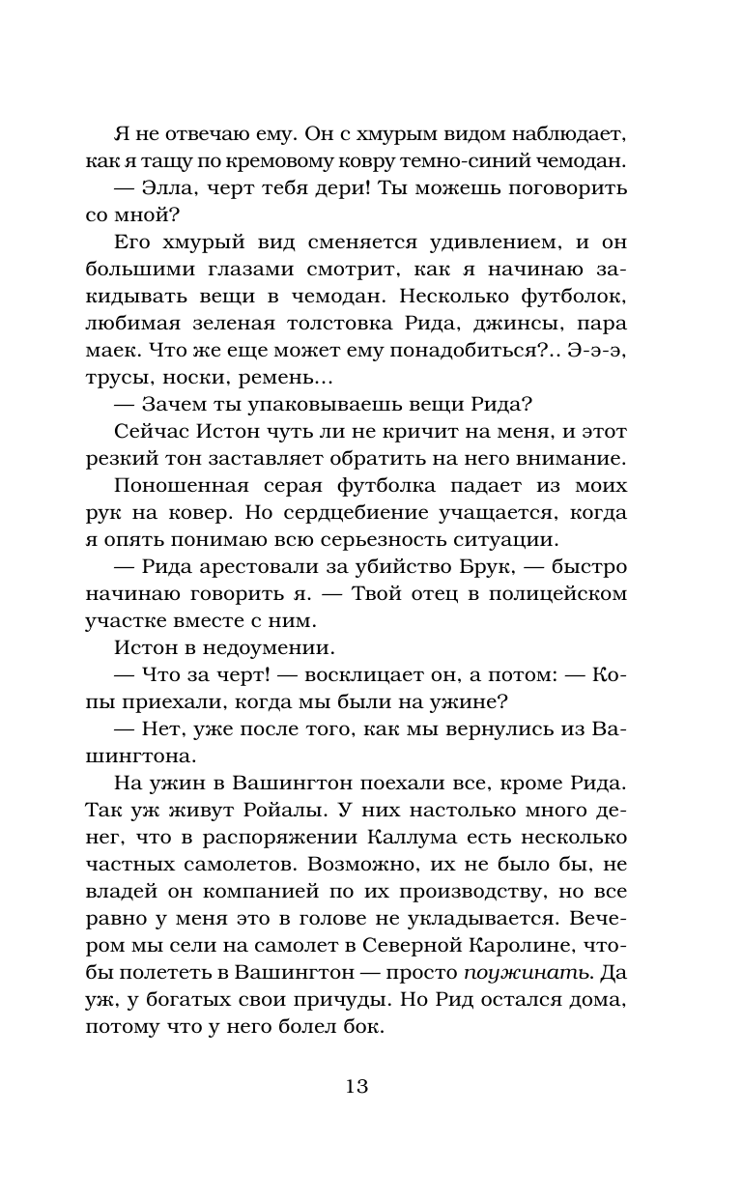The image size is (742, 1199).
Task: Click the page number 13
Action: point(357,1086)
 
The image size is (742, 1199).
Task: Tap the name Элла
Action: point(171,187)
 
